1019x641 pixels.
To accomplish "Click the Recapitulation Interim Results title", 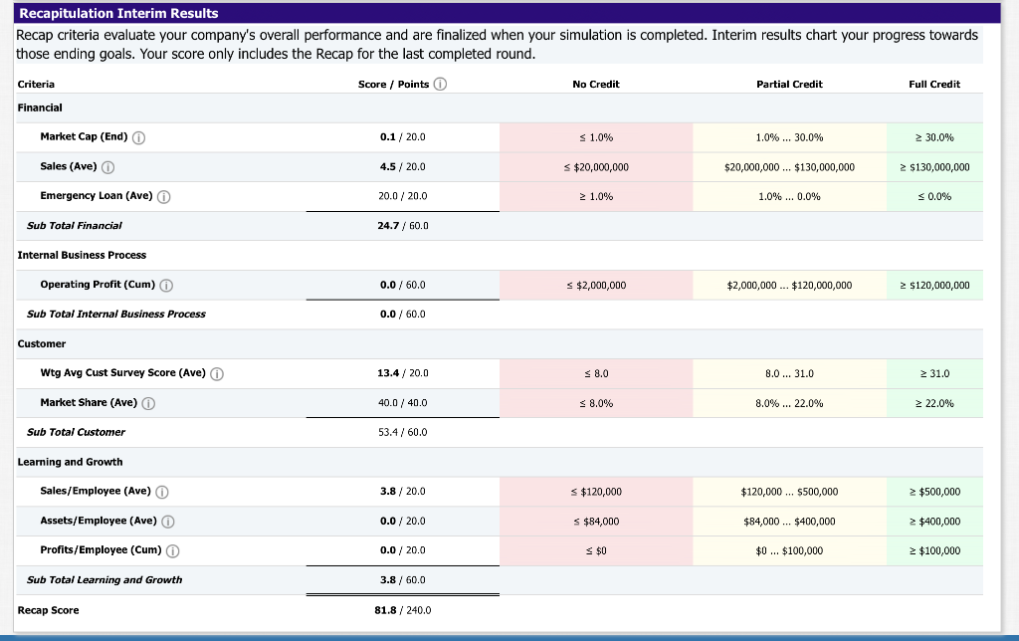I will pyautogui.click(x=119, y=13).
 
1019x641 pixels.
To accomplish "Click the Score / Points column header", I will pyautogui.click(x=394, y=85).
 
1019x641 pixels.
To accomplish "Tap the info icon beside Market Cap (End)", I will pyautogui.click(x=139, y=137).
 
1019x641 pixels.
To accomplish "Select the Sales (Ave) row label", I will pyautogui.click(x=69, y=166).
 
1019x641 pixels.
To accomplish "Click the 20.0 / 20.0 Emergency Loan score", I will pyautogui.click(x=402, y=196).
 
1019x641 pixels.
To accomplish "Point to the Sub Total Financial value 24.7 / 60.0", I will pyautogui.click(x=402, y=226).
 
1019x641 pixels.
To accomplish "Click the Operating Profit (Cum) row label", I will pyautogui.click(x=98, y=285).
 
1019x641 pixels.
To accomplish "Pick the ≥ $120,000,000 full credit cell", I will pyautogui.click(x=933, y=286).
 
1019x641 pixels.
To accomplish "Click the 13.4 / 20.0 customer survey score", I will pyautogui.click(x=402, y=373).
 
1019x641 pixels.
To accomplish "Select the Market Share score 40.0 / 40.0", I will pyautogui.click(x=402, y=403).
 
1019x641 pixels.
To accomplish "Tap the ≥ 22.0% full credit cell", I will pyautogui.click(x=933, y=403).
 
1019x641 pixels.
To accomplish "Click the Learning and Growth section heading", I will pyautogui.click(x=70, y=462).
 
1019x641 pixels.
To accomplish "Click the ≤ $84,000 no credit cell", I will pyautogui.click(x=595, y=522).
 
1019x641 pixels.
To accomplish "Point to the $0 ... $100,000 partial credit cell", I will pyautogui.click(x=789, y=550).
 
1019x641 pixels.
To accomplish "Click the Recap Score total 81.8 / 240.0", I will pyautogui.click(x=402, y=610).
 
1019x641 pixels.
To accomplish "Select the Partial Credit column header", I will pyautogui.click(x=789, y=85).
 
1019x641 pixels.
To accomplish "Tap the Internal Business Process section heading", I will pyautogui.click(x=82, y=255).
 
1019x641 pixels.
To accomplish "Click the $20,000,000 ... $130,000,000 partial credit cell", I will pyautogui.click(x=789, y=167).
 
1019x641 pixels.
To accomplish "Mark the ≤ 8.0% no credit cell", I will pyautogui.click(x=595, y=403).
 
